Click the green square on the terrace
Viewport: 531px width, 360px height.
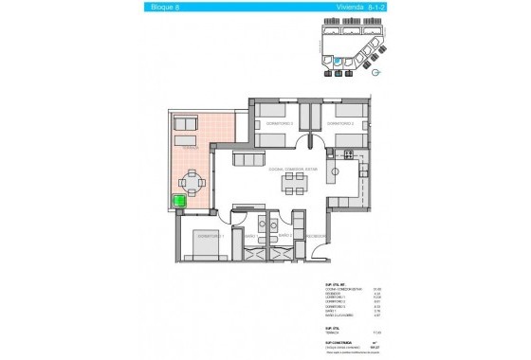coord(178,201)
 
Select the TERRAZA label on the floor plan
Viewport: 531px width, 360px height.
coord(190,149)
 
